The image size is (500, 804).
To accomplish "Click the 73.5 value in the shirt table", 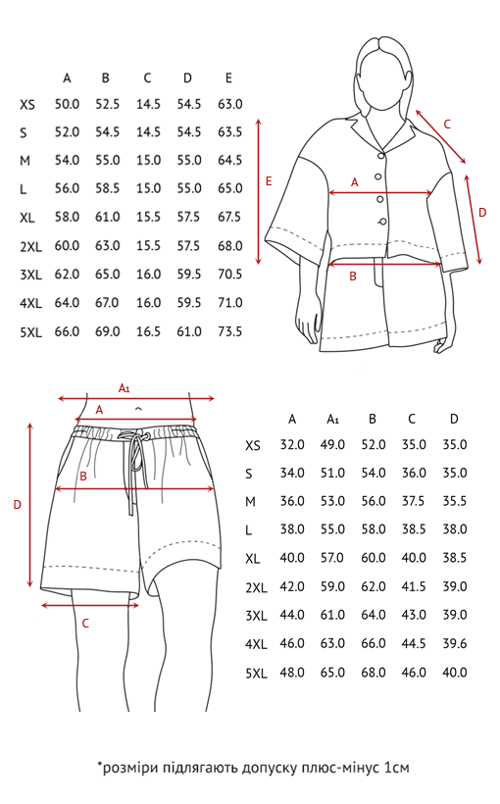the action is pos(229,331).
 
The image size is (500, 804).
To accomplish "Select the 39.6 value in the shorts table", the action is pos(455,643).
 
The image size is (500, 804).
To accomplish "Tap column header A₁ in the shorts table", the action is pos(332,420).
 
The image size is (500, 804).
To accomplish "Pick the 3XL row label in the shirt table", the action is pos(30,275).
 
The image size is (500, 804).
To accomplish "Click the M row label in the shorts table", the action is pos(250,501).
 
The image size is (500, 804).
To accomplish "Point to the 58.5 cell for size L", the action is pos(107,188).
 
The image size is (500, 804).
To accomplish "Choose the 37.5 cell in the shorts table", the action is pos(414,500).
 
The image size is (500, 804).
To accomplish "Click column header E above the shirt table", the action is pos(228,77).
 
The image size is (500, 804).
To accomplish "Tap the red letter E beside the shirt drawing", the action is pos(269,181).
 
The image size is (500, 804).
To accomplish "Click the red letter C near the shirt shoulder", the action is pos(447,125).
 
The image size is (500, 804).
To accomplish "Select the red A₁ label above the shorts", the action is pos(125,387).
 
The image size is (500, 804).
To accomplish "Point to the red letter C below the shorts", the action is pos(85,623).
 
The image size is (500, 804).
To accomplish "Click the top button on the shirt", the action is pos(381,155).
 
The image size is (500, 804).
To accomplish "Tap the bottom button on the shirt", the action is pos(382,222).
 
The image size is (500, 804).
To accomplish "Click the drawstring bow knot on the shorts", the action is pos(136,436).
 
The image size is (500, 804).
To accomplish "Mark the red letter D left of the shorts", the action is pos(18,505).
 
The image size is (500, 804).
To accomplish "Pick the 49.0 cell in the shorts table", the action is pos(332,444).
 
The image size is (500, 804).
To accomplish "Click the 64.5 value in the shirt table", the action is pos(229,160).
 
